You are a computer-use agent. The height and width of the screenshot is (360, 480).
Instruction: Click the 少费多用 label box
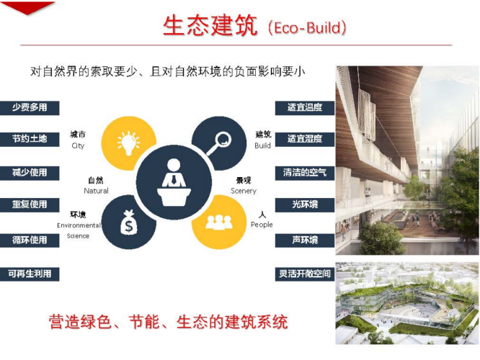pos(30,108)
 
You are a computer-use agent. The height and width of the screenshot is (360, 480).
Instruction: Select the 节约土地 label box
pos(30,139)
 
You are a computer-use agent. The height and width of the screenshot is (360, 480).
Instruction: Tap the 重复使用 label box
pos(30,204)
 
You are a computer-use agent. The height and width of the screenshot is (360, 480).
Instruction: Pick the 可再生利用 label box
pos(30,274)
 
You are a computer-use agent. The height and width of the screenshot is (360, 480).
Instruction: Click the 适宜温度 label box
pos(305,108)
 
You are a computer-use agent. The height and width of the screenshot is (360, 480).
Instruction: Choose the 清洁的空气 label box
pos(305,173)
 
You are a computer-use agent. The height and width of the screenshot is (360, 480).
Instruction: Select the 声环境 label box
pos(305,240)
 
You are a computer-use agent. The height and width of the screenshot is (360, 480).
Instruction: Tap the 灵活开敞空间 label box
pos(305,274)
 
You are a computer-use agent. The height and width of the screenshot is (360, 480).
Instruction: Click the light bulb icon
pos(128,143)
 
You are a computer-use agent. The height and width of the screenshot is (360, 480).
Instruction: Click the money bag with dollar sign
pos(129,222)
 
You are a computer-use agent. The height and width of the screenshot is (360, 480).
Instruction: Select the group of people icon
pos(219,222)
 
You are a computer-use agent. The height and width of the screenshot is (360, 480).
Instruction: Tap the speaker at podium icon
pos(174,182)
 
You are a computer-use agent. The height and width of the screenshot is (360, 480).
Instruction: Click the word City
pos(78,146)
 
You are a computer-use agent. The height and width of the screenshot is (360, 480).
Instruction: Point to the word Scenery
pos(244,192)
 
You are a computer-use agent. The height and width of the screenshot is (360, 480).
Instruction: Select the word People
pos(262,225)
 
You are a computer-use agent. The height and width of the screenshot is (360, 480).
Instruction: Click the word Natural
pos(96,191)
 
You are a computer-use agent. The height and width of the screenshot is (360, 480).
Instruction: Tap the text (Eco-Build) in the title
pos(307,28)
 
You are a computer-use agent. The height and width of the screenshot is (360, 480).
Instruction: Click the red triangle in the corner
pos(27,7)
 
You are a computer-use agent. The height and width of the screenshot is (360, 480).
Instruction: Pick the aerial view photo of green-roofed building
pos(407,303)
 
